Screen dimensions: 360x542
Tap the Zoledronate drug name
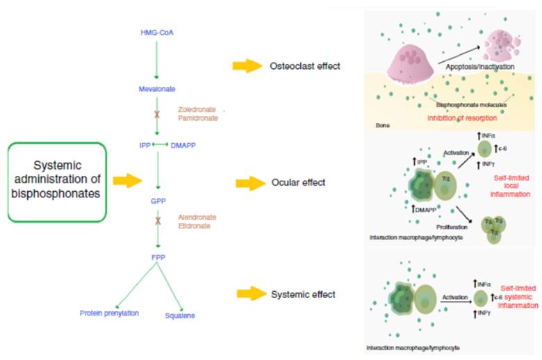pyautogui.click(x=196, y=110)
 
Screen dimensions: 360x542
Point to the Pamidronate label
pyautogui.click(x=196, y=120)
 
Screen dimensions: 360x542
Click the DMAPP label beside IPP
pyautogui.click(x=183, y=145)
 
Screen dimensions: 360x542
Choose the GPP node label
pyautogui.click(x=158, y=200)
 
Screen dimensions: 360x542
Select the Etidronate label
pyautogui.click(x=194, y=226)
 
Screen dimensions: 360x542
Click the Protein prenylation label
pyautogui.click(x=109, y=313)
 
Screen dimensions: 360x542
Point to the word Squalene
pyautogui.click(x=180, y=316)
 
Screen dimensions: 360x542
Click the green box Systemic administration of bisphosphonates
pyautogui.click(x=56, y=181)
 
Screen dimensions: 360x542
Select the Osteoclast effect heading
pyautogui.click(x=304, y=66)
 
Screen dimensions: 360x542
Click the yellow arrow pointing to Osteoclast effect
pyautogui.click(x=245, y=66)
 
